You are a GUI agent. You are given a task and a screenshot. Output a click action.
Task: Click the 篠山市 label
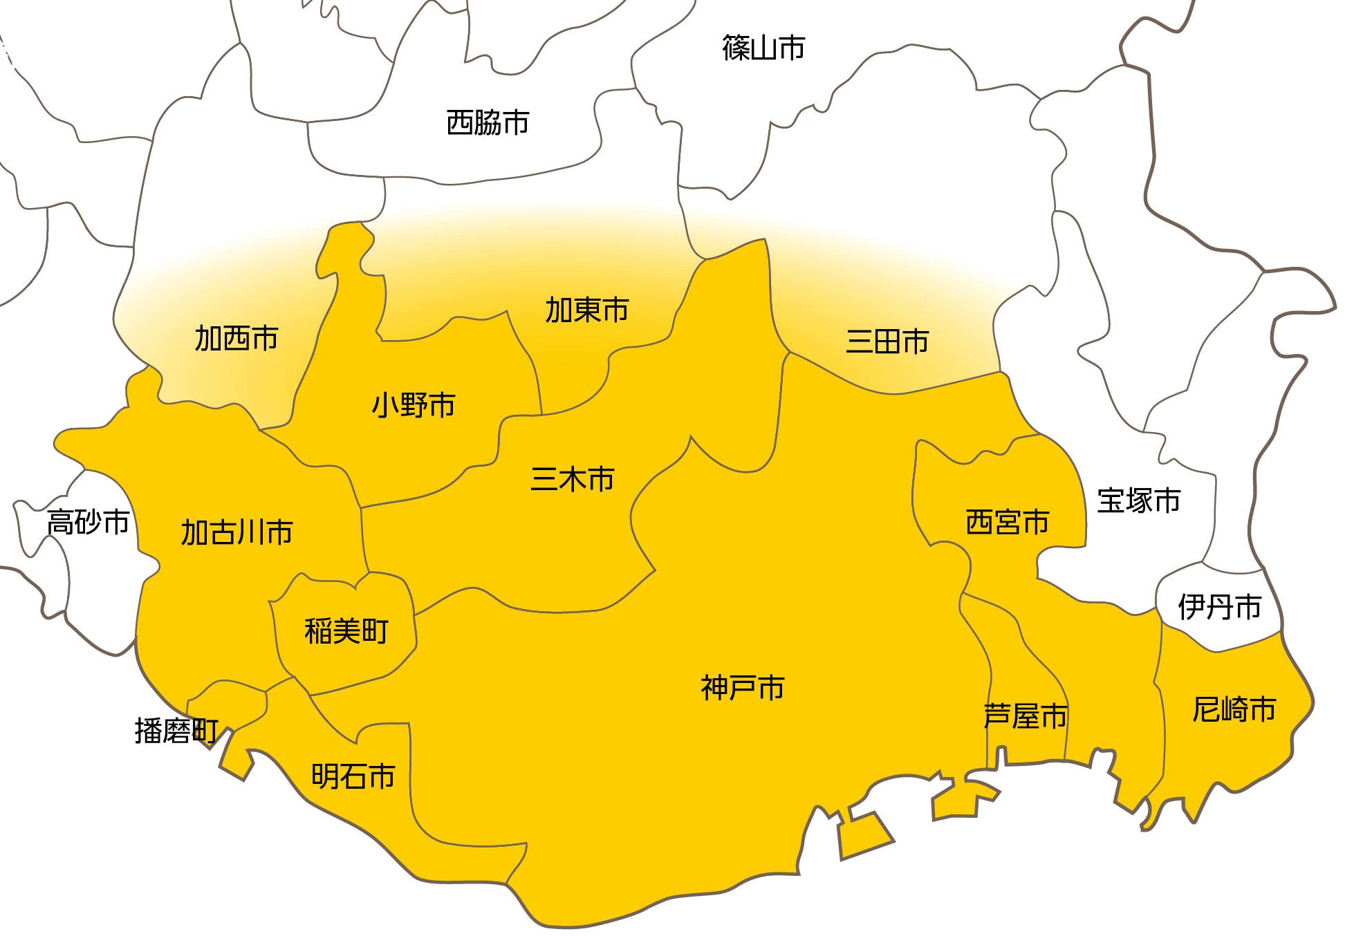tap(763, 48)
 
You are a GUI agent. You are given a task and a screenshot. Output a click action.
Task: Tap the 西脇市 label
tap(488, 123)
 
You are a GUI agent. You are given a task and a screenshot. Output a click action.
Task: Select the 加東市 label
tap(587, 310)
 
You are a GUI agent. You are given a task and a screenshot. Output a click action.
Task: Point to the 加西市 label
tap(237, 339)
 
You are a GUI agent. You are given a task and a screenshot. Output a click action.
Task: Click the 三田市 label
tap(887, 342)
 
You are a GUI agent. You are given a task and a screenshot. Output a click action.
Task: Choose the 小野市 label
tap(414, 405)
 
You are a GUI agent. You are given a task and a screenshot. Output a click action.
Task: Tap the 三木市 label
tap(573, 479)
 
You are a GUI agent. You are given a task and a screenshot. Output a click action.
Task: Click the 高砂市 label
tap(89, 522)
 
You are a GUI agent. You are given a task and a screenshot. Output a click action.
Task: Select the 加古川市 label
tap(237, 533)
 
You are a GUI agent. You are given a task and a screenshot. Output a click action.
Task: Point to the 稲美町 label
tap(346, 631)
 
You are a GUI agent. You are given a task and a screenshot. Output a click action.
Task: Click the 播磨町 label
tap(176, 731)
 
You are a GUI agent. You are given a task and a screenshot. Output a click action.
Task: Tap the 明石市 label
tap(353, 776)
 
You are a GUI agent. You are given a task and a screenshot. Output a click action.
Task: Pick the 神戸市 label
tap(743, 688)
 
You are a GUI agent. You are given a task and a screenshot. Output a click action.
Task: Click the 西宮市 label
tap(1008, 523)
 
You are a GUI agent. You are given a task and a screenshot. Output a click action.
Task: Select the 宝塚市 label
tap(1139, 501)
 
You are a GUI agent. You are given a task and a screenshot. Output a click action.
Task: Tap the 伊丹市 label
tap(1220, 607)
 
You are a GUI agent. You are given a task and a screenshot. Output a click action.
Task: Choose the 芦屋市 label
tap(1025, 716)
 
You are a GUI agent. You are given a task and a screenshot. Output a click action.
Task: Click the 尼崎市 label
tap(1234, 710)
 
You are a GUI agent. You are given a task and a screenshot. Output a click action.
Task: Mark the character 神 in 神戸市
tap(714, 688)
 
